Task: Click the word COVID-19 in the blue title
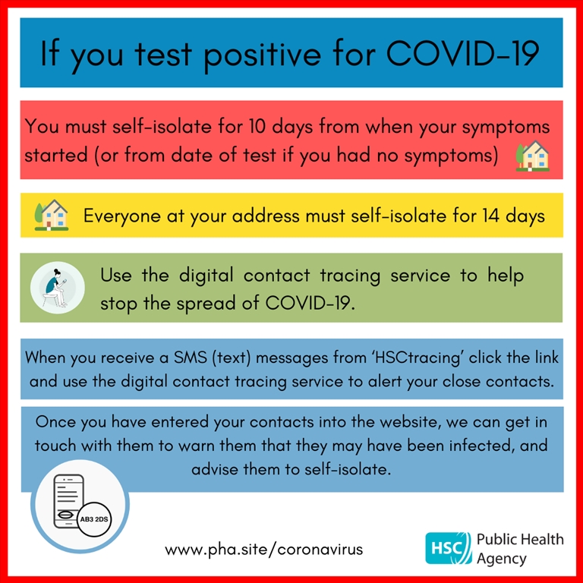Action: (463, 54)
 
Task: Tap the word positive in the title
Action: (262, 55)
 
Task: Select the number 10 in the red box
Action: (257, 127)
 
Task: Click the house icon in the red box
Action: (532, 156)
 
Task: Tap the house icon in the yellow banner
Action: (52, 215)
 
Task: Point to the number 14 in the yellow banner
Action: (491, 216)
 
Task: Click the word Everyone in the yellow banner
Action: (122, 216)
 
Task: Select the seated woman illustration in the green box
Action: (57, 288)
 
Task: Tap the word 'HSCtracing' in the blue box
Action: (418, 358)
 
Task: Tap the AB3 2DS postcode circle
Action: (94, 519)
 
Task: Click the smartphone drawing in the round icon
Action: (69, 501)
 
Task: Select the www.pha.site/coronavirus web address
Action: (264, 550)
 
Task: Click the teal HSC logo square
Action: (448, 548)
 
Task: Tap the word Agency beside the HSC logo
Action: (502, 559)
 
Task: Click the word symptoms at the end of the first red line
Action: (506, 128)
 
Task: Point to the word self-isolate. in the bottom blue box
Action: (348, 469)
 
